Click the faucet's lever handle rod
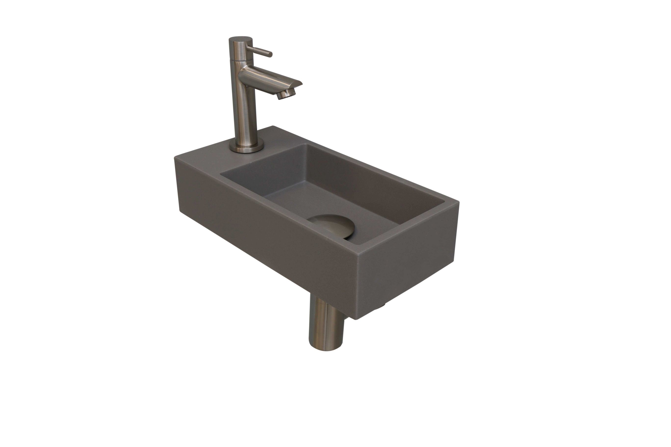pos(258,51)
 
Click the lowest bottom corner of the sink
pos(355,319)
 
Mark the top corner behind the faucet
pos(273,126)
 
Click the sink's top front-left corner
pos(175,158)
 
